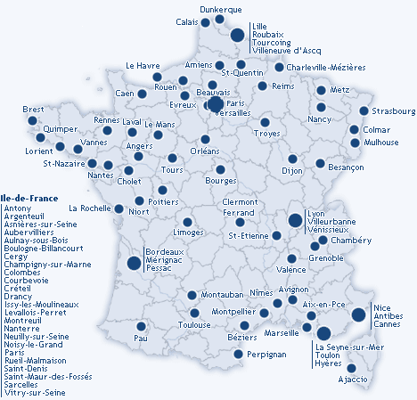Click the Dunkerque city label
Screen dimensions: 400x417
click(221, 9)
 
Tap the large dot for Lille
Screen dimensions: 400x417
click(238, 36)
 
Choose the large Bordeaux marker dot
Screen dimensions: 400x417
click(134, 263)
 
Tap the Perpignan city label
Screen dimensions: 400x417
click(265, 355)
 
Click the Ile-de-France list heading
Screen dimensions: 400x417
click(29, 198)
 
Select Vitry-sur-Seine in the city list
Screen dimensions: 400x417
click(35, 392)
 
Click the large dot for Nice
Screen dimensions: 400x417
click(358, 314)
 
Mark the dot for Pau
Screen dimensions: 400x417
click(139, 327)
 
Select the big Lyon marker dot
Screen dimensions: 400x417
click(294, 220)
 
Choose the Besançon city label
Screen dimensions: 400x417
click(347, 167)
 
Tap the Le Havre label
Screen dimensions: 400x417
click(143, 65)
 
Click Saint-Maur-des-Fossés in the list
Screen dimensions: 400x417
click(47, 375)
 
